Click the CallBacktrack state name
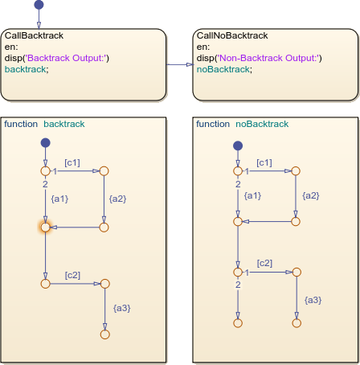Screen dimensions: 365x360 (x=34, y=35)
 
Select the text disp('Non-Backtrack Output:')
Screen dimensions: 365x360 (x=258, y=58)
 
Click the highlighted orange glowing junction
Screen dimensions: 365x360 (x=46, y=228)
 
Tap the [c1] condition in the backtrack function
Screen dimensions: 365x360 (x=72, y=162)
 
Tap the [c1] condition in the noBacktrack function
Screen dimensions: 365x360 (x=264, y=162)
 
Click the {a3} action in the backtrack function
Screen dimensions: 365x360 (x=121, y=308)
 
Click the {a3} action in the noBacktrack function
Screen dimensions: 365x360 (x=313, y=299)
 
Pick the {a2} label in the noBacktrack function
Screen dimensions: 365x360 (x=311, y=195)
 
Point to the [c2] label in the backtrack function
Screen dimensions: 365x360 (x=72, y=275)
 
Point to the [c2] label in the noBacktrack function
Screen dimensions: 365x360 (x=264, y=264)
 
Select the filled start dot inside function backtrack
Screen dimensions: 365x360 (x=46, y=142)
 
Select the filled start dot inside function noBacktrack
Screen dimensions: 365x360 (x=237, y=146)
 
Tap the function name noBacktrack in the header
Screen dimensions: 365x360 (x=261, y=124)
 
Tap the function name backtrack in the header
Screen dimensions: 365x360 (x=64, y=124)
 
